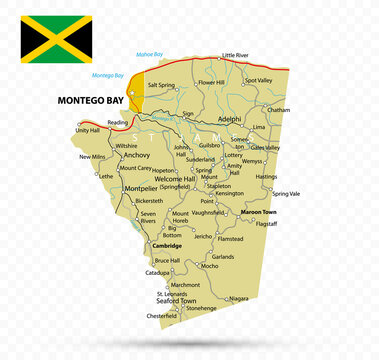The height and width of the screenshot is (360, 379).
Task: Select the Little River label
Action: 235,56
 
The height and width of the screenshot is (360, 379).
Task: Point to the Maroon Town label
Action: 258,212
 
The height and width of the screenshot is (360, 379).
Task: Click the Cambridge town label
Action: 167,245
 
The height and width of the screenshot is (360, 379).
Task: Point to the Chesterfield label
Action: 162,316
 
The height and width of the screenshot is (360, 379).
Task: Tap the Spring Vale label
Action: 286,193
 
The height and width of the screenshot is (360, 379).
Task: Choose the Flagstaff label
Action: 267,223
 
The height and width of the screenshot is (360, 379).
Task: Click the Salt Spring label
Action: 161,85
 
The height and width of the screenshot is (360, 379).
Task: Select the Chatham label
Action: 279,110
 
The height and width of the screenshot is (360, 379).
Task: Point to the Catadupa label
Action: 157,272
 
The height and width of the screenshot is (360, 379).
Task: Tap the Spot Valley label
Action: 258,81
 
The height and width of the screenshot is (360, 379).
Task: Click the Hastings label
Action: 266,176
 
